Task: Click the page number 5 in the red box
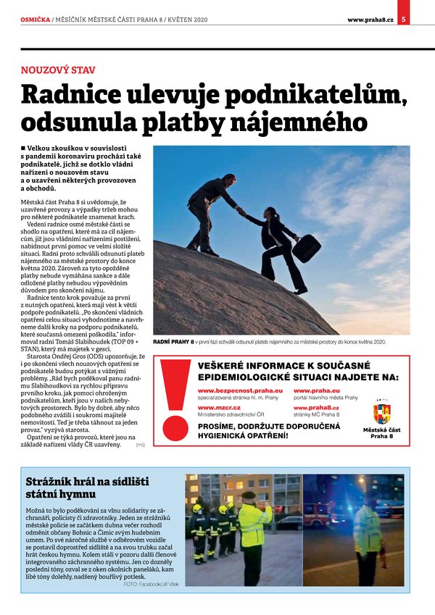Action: point(404,19)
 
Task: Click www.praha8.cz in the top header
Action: point(370,19)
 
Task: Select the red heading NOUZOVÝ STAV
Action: point(58,70)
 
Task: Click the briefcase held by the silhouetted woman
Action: point(306,248)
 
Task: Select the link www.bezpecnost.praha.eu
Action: point(240,390)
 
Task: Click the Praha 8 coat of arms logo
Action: point(381,414)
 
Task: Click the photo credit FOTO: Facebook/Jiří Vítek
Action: point(152,583)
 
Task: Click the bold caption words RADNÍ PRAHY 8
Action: point(173,341)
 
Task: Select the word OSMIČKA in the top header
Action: point(36,19)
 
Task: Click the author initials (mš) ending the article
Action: point(140,444)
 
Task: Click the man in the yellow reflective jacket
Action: point(254,529)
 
